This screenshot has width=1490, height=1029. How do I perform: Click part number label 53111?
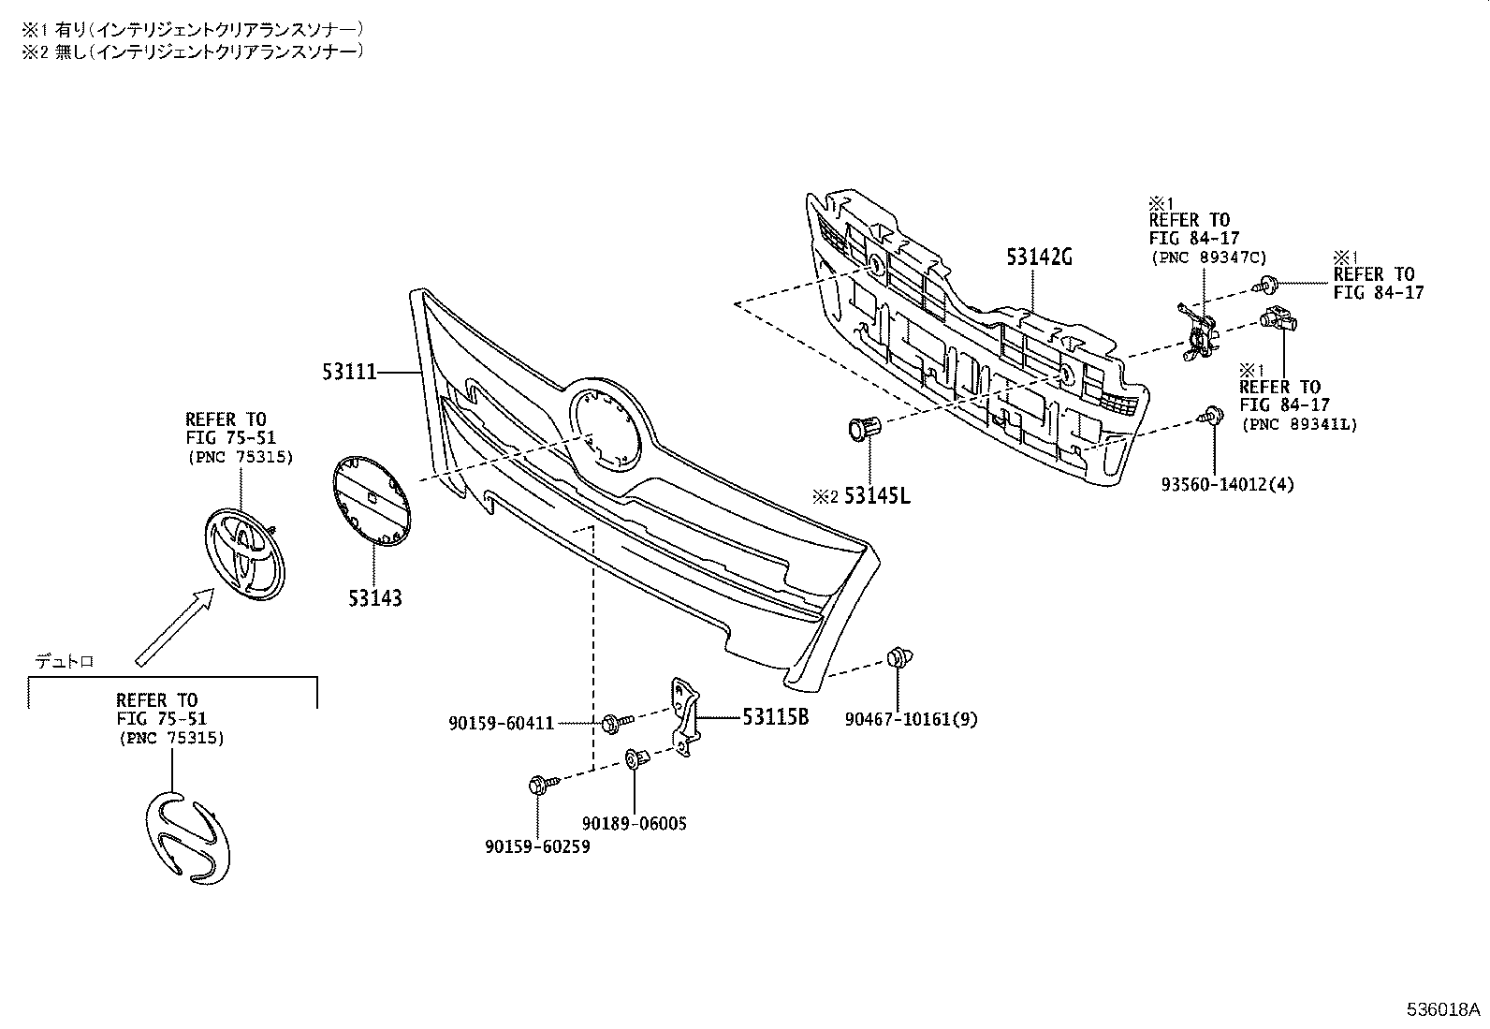pyautogui.click(x=349, y=373)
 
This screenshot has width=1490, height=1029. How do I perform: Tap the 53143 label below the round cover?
pyautogui.click(x=375, y=597)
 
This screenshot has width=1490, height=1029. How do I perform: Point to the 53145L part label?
pyautogui.click(x=876, y=495)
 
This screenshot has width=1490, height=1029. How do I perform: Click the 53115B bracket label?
pyautogui.click(x=775, y=718)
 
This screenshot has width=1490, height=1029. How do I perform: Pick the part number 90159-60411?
pyautogui.click(x=502, y=723)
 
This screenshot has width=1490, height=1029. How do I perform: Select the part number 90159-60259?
pyautogui.click(x=537, y=846)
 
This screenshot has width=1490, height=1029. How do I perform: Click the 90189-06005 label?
pyautogui.click(x=634, y=824)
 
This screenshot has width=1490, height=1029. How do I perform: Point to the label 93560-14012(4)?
pyautogui.click(x=1227, y=484)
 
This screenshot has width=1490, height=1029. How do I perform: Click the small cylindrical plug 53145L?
pyautogui.click(x=863, y=429)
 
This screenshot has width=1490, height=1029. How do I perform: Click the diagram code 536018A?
pyautogui.click(x=1442, y=1010)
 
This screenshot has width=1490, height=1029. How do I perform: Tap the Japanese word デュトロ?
pyautogui.click(x=65, y=661)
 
